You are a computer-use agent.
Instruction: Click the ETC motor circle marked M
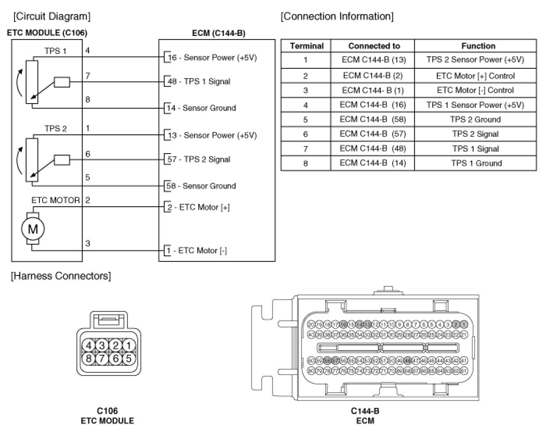tap(32, 228)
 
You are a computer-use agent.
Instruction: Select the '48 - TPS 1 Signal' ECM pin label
tap(198, 82)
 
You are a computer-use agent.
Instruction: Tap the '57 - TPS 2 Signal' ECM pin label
tap(198, 159)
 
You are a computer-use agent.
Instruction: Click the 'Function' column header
tap(478, 46)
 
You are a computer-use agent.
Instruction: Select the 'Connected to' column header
tap(374, 46)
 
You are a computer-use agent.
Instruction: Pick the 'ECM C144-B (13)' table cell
tap(374, 60)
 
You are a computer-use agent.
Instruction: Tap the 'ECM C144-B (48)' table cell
tap(374, 148)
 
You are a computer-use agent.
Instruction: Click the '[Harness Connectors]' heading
tap(61, 276)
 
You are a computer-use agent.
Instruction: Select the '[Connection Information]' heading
tap(337, 16)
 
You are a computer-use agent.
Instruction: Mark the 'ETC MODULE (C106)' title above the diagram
tap(47, 33)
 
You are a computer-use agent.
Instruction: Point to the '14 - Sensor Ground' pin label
tap(200, 108)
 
